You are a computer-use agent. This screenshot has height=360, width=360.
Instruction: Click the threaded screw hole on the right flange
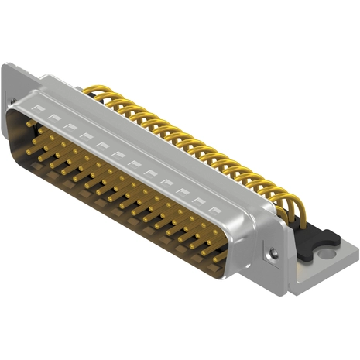(x=273, y=252)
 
